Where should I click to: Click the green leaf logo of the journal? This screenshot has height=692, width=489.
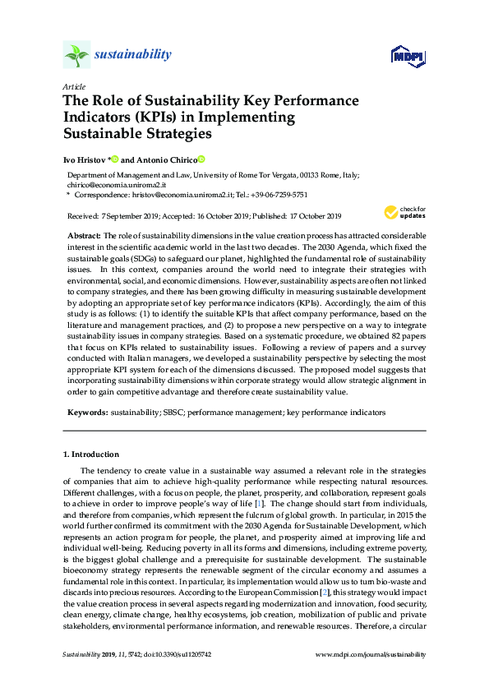(77, 55)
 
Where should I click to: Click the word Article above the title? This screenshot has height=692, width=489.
(72, 86)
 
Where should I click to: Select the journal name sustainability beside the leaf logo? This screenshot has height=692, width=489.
(133, 55)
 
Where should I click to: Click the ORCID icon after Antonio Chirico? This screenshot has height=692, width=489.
(201, 159)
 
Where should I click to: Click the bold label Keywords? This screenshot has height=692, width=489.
(86, 409)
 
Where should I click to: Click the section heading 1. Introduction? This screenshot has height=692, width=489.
(91, 454)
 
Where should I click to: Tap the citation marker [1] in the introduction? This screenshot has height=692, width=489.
(259, 502)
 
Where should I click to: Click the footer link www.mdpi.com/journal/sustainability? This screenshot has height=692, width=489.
(371, 655)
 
